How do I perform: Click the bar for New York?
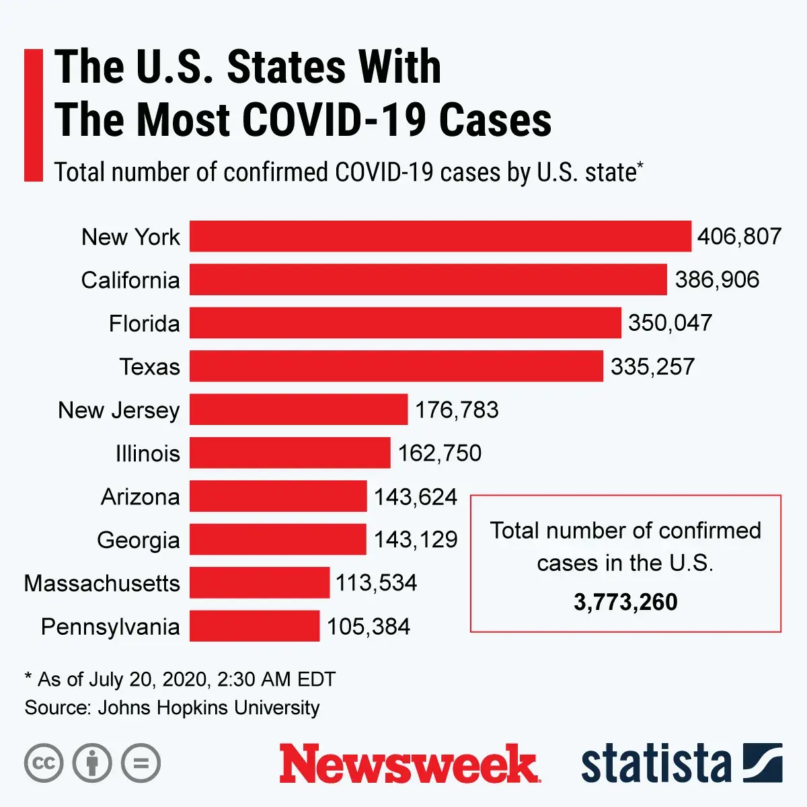click(x=440, y=236)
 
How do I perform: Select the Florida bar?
click(x=406, y=323)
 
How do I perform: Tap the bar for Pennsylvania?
click(x=254, y=626)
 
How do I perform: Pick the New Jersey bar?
click(x=299, y=410)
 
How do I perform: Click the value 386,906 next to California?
click(x=717, y=280)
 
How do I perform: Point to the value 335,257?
click(x=652, y=367)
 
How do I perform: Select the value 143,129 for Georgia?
click(x=416, y=539)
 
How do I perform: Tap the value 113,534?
click(x=377, y=582)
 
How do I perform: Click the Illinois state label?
click(x=148, y=453)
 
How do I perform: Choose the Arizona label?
click(x=141, y=497)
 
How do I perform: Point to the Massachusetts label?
click(x=102, y=583)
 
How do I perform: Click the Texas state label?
click(x=150, y=367)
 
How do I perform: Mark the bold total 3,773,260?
click(x=625, y=602)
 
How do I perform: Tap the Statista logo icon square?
click(x=763, y=763)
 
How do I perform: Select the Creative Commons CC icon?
click(x=44, y=763)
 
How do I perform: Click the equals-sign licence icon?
click(x=141, y=763)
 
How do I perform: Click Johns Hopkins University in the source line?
click(x=208, y=707)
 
